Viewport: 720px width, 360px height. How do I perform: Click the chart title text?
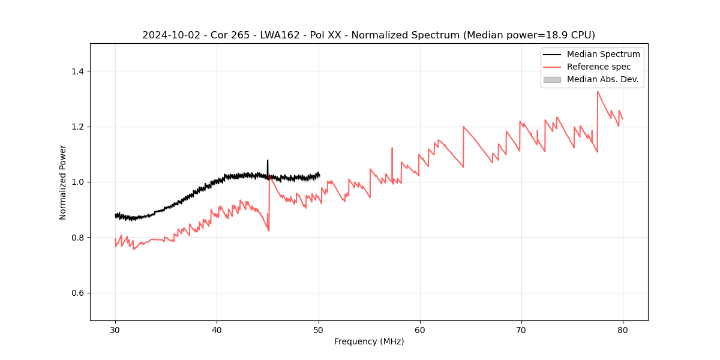click(x=368, y=35)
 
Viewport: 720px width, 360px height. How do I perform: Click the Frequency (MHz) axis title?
click(x=369, y=341)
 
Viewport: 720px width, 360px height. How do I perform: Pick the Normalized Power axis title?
click(x=63, y=182)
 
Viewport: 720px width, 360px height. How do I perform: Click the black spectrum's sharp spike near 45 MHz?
click(x=268, y=161)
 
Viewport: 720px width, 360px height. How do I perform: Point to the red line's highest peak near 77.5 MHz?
click(x=598, y=92)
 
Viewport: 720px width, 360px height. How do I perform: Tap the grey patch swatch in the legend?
click(x=552, y=79)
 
